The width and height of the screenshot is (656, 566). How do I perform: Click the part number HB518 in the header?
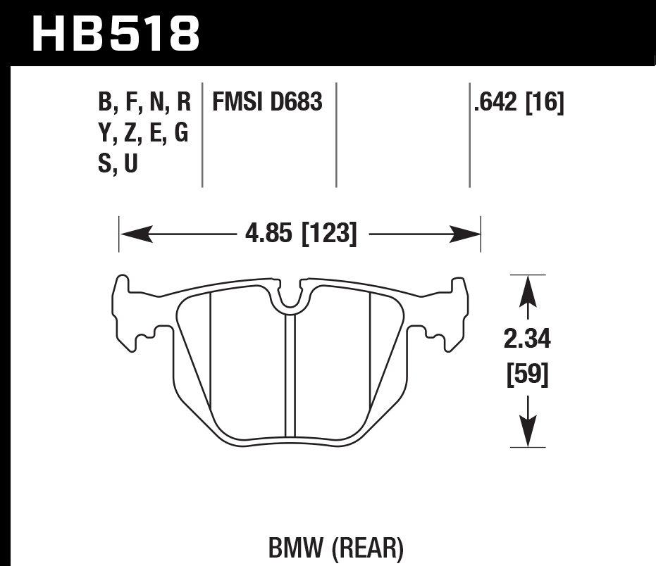(117, 33)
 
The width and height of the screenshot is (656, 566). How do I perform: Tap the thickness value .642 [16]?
(519, 103)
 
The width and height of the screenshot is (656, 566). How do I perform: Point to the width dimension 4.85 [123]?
(300, 233)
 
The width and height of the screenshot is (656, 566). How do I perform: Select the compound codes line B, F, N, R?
(144, 103)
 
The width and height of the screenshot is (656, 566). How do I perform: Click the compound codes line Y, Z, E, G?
(144, 133)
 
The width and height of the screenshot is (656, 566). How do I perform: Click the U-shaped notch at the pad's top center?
(289, 299)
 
